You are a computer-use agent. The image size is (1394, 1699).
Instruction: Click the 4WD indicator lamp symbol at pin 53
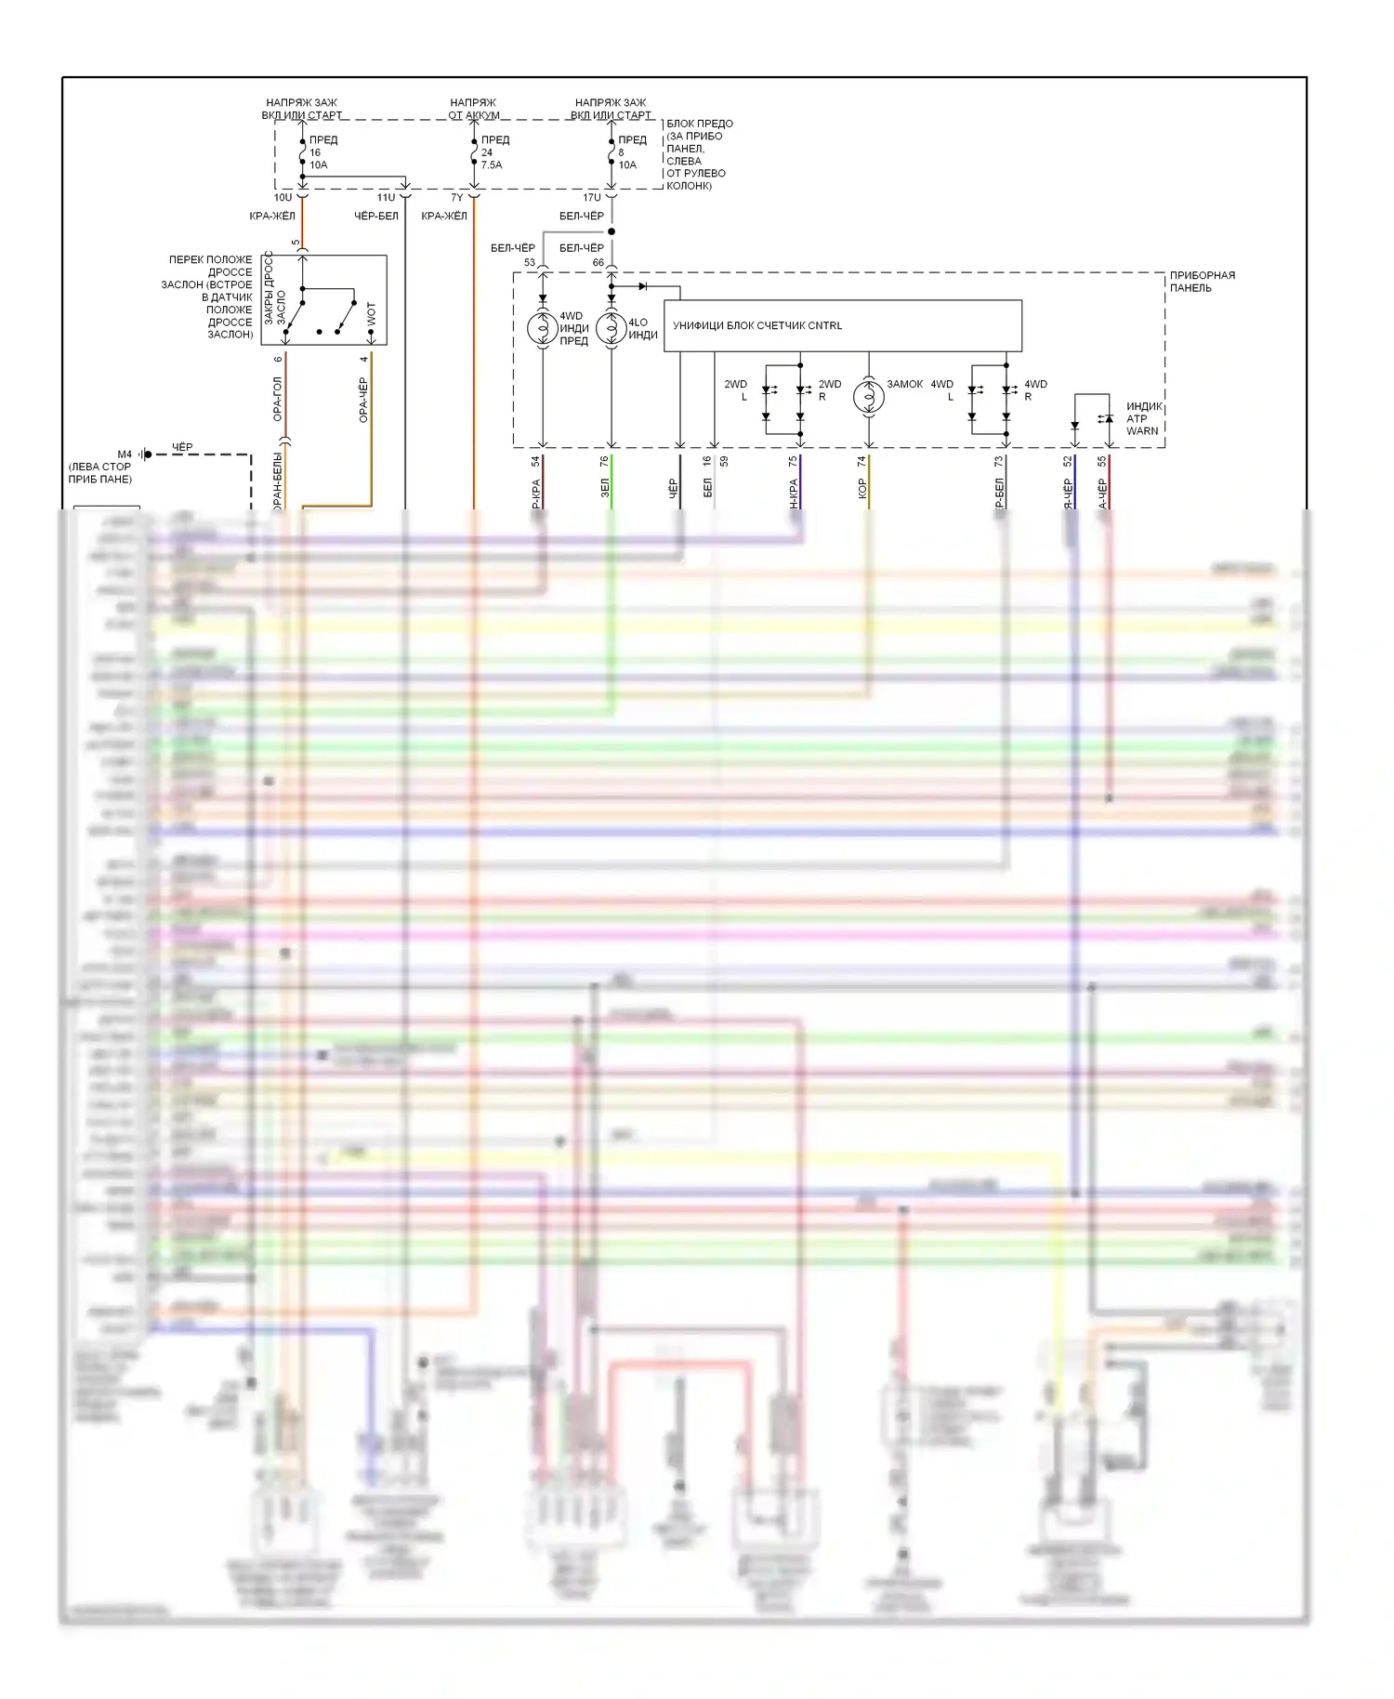point(543,328)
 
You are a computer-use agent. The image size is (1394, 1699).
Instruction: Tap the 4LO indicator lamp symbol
point(611,328)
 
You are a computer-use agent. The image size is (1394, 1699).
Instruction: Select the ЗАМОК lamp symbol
point(869,396)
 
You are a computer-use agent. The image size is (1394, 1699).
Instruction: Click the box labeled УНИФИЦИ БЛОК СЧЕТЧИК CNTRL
point(842,325)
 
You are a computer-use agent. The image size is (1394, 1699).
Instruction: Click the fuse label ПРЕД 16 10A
point(322,152)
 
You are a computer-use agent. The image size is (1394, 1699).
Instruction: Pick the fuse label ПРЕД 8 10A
point(631,152)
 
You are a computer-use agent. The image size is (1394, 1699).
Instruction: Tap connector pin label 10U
point(283,197)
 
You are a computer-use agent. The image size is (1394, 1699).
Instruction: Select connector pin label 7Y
point(456,197)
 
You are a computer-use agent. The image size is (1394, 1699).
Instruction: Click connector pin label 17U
point(592,197)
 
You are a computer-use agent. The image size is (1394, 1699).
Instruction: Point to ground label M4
point(125,454)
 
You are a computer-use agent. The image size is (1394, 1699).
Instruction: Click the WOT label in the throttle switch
point(372,314)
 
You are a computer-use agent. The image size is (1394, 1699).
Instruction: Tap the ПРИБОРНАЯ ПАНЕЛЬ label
point(1202,282)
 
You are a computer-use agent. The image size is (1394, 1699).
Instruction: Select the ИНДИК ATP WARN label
point(1143,418)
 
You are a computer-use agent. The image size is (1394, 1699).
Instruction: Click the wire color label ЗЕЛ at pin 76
point(605,488)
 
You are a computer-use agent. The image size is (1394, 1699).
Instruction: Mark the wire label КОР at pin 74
point(862,489)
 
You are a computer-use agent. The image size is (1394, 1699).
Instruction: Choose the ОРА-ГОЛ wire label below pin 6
point(277,399)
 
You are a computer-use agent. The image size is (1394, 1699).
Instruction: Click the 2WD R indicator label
point(829,389)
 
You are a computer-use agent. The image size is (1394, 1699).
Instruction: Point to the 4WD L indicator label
point(942,389)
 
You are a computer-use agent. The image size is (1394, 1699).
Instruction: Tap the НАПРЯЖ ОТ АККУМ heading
point(473,109)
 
